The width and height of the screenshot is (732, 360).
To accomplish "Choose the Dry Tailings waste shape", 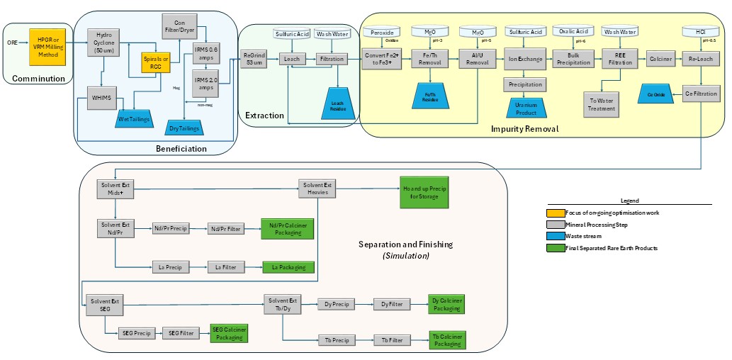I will [x=184, y=128].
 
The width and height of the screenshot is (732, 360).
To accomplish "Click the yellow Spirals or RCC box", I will [x=156, y=62].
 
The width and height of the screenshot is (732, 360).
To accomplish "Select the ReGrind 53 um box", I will [x=255, y=59].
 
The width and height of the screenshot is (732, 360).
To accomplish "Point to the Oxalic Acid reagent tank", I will [x=573, y=33].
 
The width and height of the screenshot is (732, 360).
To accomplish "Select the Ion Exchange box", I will [x=525, y=59].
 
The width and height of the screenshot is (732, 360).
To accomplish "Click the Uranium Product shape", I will [x=525, y=108].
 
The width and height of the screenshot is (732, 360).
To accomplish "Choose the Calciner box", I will [x=660, y=59].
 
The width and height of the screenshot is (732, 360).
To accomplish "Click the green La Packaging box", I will [x=288, y=267].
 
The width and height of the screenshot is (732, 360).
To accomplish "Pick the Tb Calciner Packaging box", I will [x=447, y=340].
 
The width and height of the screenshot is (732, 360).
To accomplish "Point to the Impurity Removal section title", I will [x=524, y=128].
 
